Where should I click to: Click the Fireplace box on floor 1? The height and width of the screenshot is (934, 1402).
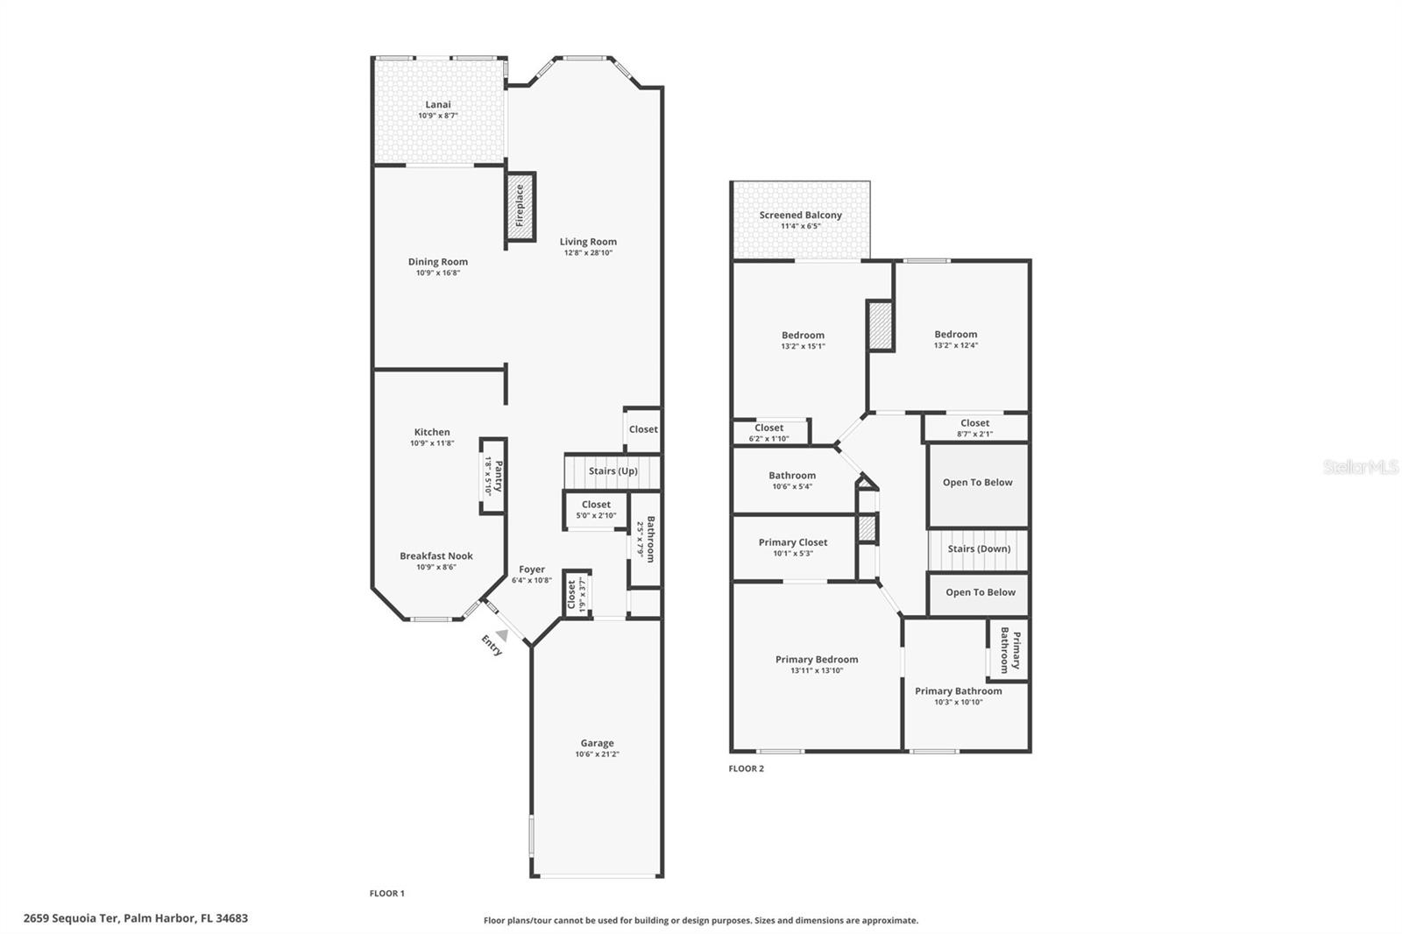coord(520,206)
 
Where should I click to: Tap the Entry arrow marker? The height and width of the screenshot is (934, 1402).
coord(502,634)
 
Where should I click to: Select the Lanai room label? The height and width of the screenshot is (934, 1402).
coord(438,104)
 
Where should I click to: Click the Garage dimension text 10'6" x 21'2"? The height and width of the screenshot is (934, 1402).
coord(597,754)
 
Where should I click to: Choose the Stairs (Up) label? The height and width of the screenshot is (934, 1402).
coord(612,471)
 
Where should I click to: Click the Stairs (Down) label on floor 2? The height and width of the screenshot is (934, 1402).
coord(979,549)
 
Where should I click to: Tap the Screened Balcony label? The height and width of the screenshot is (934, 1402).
coord(800,215)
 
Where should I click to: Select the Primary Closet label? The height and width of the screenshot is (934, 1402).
coord(793,542)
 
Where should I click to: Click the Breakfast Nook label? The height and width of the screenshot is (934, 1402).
coord(436,555)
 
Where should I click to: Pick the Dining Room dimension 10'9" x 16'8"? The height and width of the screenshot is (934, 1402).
coord(437,272)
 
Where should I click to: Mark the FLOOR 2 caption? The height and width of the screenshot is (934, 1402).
coord(746,769)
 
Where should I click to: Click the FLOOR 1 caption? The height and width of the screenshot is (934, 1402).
coord(386,894)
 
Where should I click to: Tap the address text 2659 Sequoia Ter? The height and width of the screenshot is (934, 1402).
coord(79,918)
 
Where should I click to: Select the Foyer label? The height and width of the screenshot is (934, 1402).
coord(531,570)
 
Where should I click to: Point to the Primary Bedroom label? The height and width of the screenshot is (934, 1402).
coord(817,660)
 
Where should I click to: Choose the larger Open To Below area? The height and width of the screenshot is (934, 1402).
coord(977,483)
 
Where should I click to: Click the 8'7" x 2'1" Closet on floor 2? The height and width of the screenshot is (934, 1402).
coord(974,428)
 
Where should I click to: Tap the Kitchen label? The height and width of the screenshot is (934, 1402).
coord(432,432)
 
